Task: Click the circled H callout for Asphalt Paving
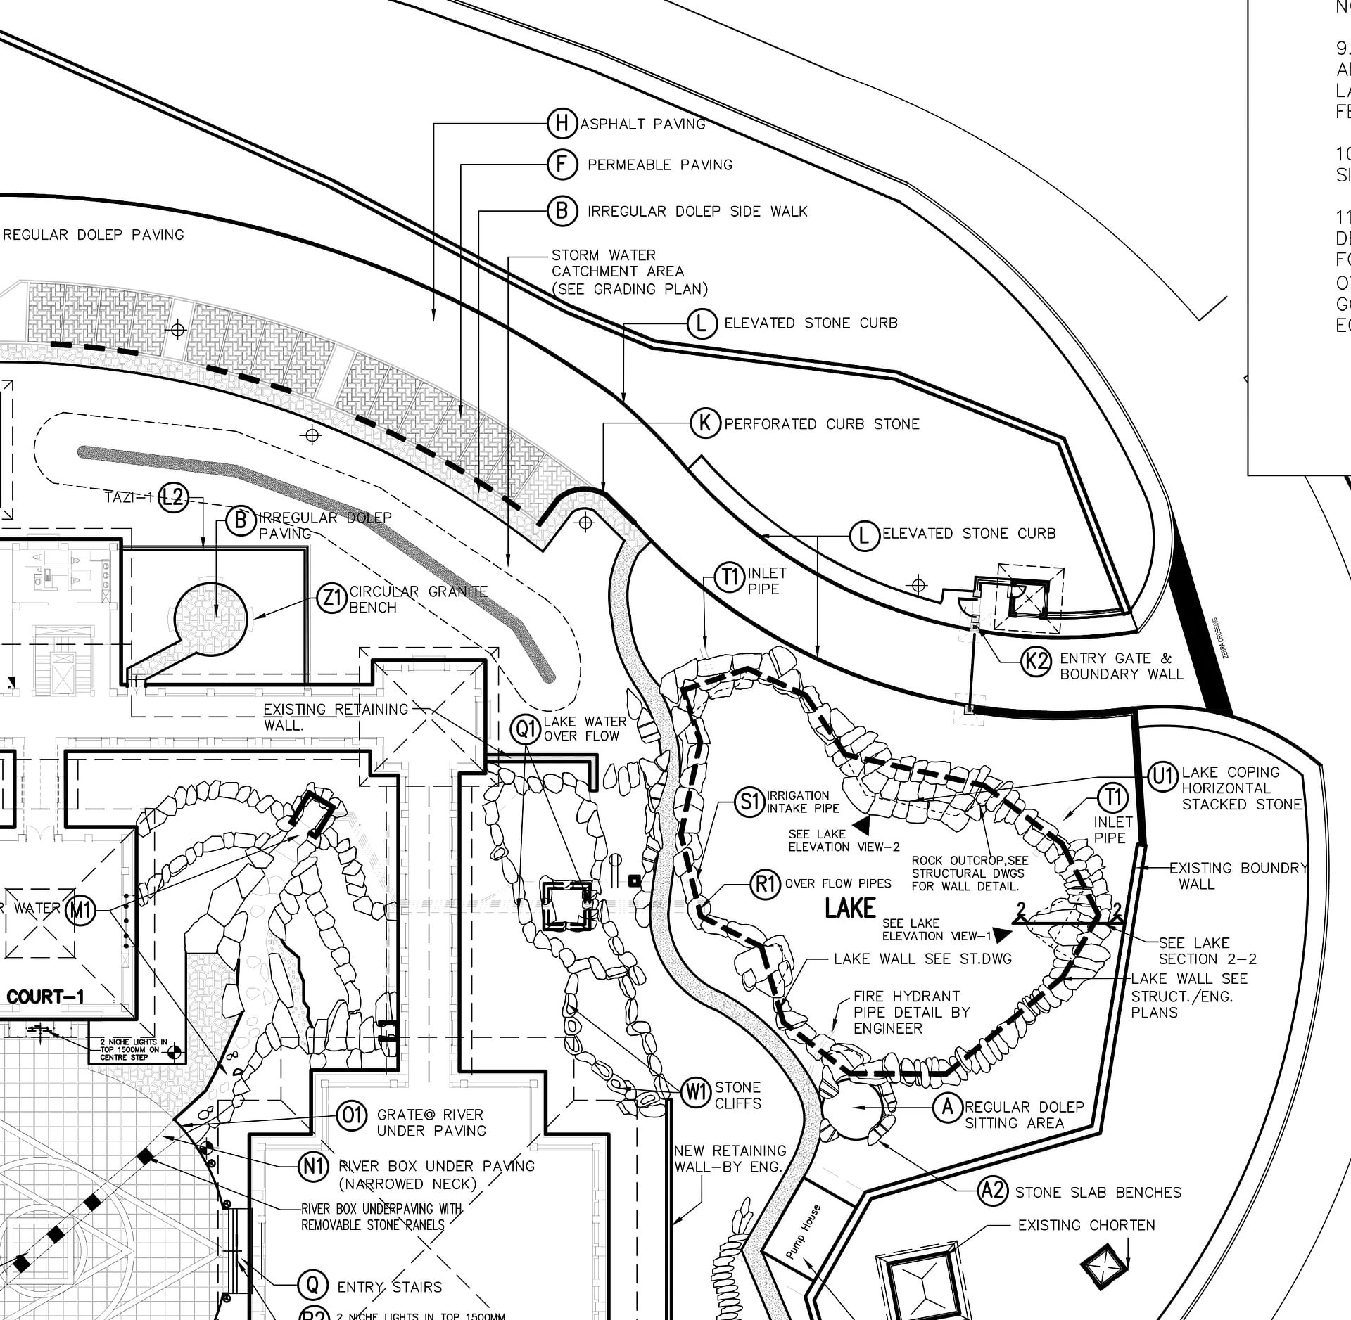click(562, 124)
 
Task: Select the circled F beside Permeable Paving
click(562, 165)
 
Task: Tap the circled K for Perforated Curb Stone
click(705, 423)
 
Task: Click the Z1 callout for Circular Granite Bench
click(331, 598)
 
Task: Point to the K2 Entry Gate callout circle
click(1036, 661)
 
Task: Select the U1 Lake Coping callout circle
click(1163, 776)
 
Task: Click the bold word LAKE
click(850, 908)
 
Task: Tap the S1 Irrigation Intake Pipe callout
click(749, 802)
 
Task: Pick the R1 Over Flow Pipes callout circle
click(765, 884)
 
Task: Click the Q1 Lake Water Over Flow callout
click(527, 729)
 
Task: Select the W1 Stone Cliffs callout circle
click(696, 1092)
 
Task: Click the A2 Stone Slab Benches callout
click(993, 1191)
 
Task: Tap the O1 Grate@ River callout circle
click(352, 1115)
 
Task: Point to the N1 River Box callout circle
click(313, 1167)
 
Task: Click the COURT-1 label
click(45, 997)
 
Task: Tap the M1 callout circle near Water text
click(80, 911)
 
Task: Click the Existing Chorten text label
click(1086, 1225)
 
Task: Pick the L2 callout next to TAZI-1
click(172, 498)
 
